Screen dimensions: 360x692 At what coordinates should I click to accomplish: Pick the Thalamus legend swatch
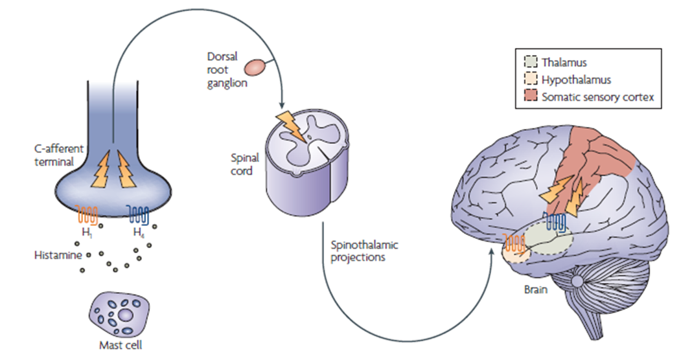pos(530,62)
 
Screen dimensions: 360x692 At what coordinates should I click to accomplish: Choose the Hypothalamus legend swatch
pos(530,80)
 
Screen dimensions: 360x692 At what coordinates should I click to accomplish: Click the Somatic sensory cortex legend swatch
pos(530,96)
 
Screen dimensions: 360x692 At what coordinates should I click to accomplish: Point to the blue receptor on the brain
pos(555,222)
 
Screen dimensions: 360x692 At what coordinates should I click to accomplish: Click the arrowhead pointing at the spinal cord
pos(281,107)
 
